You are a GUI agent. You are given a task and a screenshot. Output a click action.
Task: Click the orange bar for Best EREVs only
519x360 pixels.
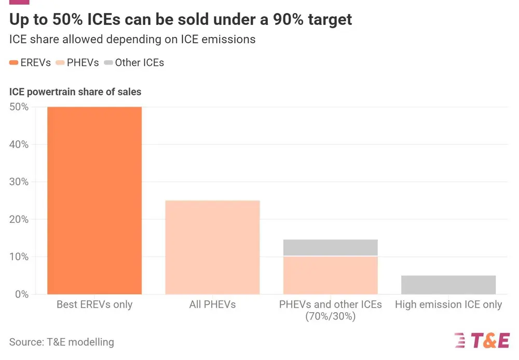point(94,201)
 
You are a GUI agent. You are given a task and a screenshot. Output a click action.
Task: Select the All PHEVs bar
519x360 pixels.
point(212,247)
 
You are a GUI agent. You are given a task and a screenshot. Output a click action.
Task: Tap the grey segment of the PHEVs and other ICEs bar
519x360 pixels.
point(330,248)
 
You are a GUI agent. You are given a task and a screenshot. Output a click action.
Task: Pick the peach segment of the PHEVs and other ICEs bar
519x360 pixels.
point(330,275)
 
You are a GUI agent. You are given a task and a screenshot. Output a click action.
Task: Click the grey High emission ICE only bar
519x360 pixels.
point(448,285)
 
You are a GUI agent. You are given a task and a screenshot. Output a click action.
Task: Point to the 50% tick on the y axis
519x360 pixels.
point(19,107)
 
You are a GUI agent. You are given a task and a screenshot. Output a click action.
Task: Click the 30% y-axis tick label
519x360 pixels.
point(19,182)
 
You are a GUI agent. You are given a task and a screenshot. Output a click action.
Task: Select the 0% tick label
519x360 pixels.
point(21,294)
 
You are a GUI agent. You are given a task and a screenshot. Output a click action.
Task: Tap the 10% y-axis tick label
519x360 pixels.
point(19,257)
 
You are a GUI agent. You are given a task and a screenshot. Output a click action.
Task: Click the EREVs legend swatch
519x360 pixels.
point(14,63)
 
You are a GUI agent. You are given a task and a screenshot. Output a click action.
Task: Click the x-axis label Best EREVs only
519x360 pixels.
point(94,305)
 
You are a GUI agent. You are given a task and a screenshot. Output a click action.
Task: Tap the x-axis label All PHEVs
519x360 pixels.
point(212,305)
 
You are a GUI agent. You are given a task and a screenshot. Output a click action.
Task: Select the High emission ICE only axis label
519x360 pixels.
point(448,305)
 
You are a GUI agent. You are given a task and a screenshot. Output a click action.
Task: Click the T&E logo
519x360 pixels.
point(482,340)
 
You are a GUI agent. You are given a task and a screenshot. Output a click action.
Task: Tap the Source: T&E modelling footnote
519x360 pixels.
point(61,342)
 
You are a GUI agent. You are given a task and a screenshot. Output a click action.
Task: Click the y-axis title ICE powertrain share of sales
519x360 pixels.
point(75,92)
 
